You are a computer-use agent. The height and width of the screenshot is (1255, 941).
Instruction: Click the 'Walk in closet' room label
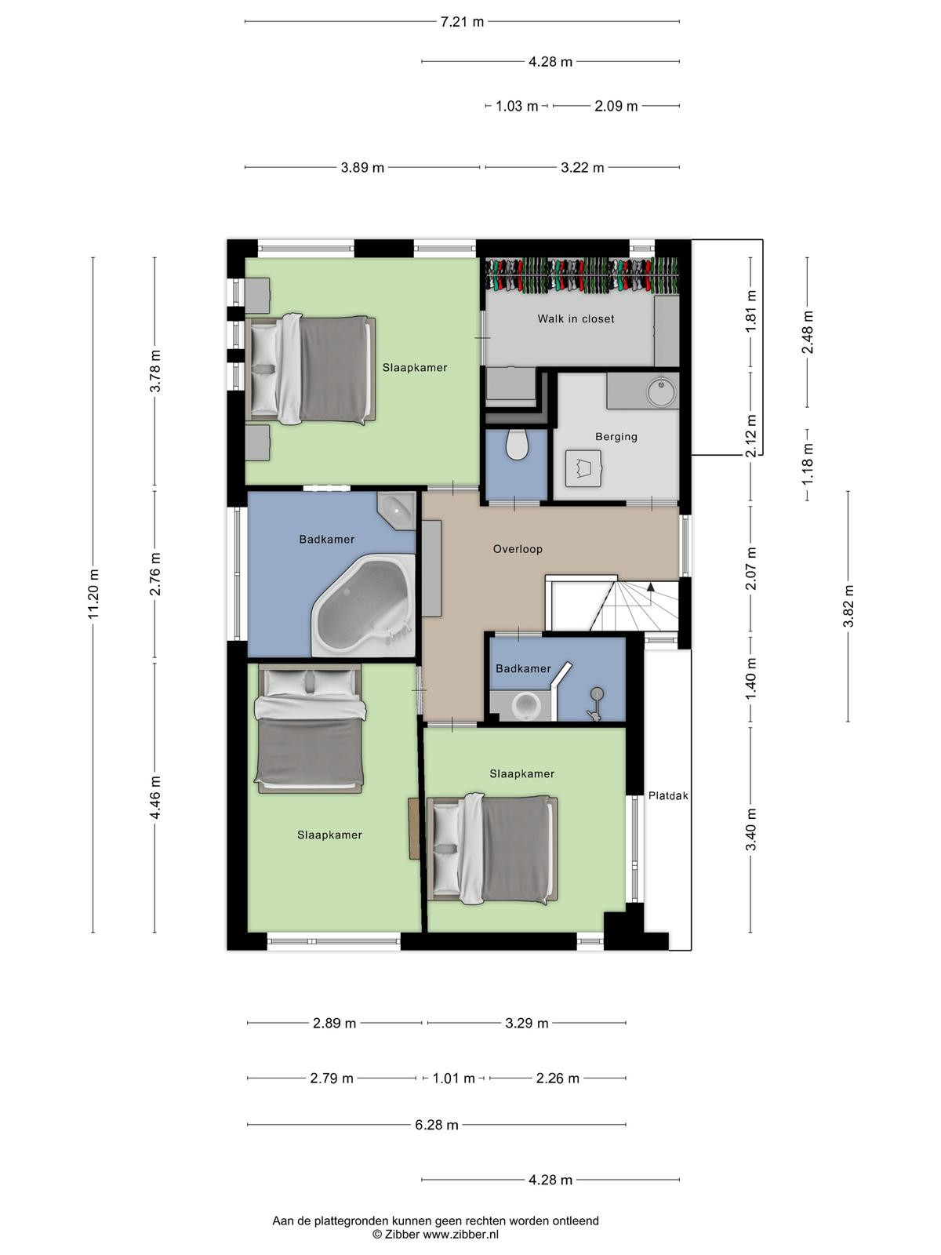tap(576, 318)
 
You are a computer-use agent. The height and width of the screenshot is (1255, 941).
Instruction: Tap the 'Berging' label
tap(616, 437)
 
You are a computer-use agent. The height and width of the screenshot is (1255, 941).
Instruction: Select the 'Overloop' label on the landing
tap(518, 549)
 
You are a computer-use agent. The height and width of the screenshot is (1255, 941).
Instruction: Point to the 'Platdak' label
tap(668, 795)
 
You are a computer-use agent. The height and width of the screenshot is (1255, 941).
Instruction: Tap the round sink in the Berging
tap(661, 392)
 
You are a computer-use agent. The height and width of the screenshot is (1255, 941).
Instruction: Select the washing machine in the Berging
tap(583, 468)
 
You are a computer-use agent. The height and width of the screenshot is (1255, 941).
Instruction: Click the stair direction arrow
tap(650, 586)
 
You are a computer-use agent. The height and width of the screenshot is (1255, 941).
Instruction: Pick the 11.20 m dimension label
tap(94, 593)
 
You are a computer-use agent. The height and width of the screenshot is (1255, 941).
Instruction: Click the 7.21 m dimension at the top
tap(462, 22)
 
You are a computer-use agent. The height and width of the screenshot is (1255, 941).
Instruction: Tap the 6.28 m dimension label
tap(437, 1125)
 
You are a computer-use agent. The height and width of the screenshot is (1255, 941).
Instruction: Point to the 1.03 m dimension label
tap(517, 106)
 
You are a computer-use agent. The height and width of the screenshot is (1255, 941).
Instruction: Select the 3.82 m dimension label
tap(848, 606)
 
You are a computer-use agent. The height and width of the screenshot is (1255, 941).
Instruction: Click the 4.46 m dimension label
tap(155, 797)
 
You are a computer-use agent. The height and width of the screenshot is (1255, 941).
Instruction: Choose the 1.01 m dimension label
tap(454, 1079)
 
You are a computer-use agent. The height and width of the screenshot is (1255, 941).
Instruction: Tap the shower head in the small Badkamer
tap(597, 693)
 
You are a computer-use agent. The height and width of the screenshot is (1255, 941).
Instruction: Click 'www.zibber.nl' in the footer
tap(460, 1235)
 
